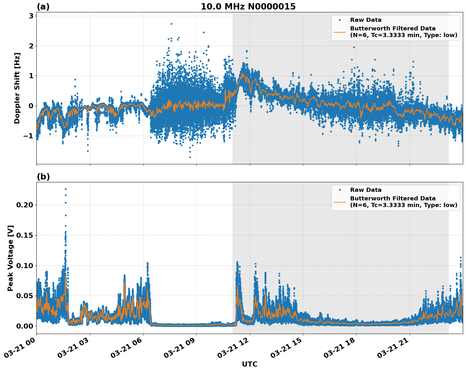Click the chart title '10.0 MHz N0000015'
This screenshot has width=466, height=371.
248,7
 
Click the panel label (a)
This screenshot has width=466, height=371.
43,7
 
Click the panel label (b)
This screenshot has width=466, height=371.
43,177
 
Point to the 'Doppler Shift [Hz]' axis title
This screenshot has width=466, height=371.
17,88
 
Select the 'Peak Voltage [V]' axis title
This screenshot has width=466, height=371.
10,258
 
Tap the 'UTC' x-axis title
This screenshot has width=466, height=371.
249,364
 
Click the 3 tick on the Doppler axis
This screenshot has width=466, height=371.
31,16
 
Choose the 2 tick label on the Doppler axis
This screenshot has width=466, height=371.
31,46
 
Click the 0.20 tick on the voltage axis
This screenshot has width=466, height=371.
25,205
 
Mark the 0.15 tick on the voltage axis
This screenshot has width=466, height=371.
25,235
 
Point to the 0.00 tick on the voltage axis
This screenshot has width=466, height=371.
25,326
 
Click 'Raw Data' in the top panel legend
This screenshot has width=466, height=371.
366,20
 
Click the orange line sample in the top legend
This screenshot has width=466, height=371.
340,32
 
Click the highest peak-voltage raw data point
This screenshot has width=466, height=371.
66,189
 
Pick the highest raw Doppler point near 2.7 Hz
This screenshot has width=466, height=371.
171,24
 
